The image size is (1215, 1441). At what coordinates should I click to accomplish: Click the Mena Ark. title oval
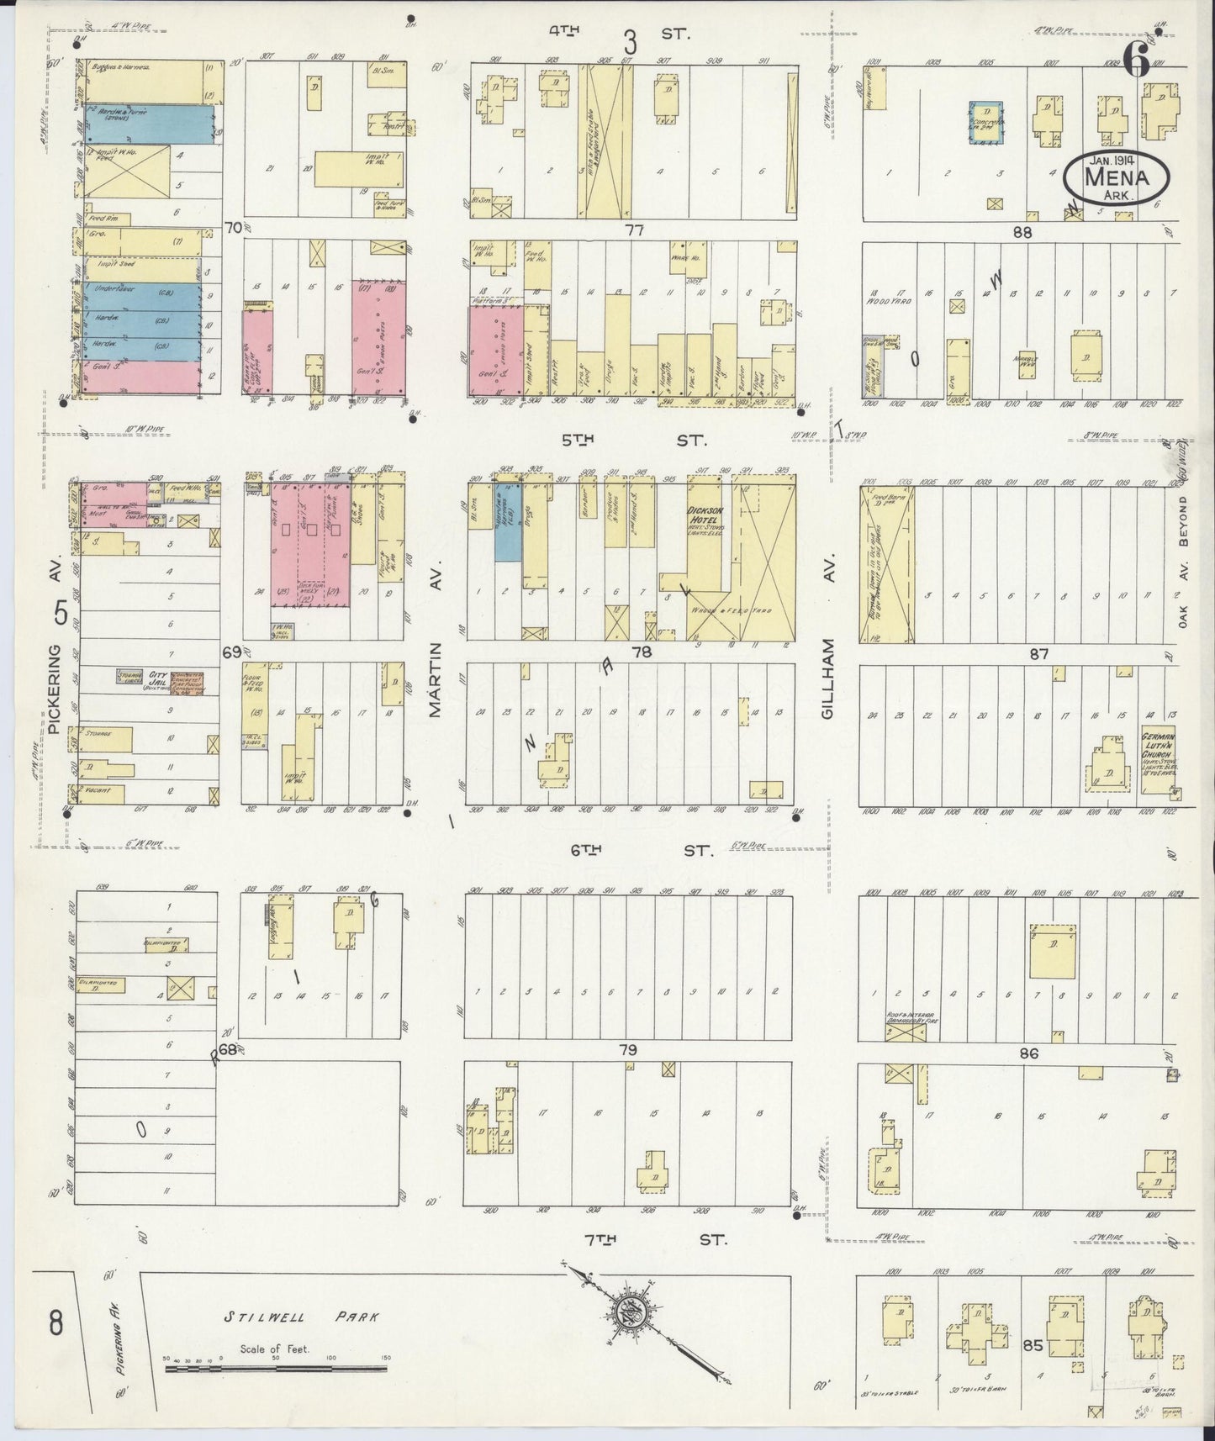(x=1115, y=177)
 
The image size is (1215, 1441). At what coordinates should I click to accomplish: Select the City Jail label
(x=157, y=678)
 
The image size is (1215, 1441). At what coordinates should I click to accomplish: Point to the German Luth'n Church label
(x=1157, y=743)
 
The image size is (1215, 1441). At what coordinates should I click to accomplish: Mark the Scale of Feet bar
(x=277, y=1370)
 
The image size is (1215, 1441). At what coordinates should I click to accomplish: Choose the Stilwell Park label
(x=301, y=1317)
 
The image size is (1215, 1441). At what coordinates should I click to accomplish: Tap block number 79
(x=626, y=1050)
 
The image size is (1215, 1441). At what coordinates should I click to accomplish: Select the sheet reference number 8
(x=55, y=1325)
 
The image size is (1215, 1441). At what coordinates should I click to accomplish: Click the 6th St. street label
(x=631, y=851)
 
